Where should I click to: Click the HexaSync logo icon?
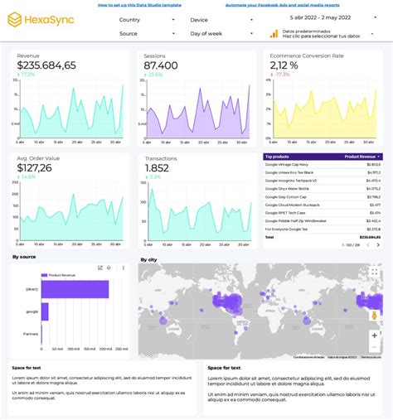pos(15,18)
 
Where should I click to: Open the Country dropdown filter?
pos(146,19)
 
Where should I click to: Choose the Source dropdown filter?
pos(146,34)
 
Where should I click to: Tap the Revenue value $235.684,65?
pos(46,65)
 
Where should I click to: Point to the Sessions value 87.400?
pos(161,65)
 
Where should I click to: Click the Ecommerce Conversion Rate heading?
pos(307,56)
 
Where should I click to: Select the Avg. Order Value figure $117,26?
pos(34,167)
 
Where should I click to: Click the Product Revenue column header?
pos(361,156)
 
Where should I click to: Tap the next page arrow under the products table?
pos(378,245)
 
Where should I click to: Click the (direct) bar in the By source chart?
pos(75,289)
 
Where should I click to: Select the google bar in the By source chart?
pos(45,311)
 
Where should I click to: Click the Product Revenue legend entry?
pos(62,274)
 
